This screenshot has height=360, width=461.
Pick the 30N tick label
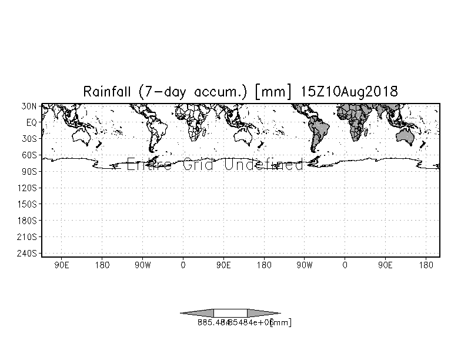(x=29, y=106)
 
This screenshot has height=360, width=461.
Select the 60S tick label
(x=29, y=155)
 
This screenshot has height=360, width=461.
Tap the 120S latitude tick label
(x=28, y=188)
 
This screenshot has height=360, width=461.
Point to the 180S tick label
(x=28, y=221)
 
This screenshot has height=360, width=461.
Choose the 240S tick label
(x=28, y=253)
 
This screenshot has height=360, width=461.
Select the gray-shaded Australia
(x=406, y=136)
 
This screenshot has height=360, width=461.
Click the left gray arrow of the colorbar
(x=198, y=313)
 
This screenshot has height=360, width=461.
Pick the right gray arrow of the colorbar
(x=263, y=313)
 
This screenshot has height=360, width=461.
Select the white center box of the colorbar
(x=230, y=313)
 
